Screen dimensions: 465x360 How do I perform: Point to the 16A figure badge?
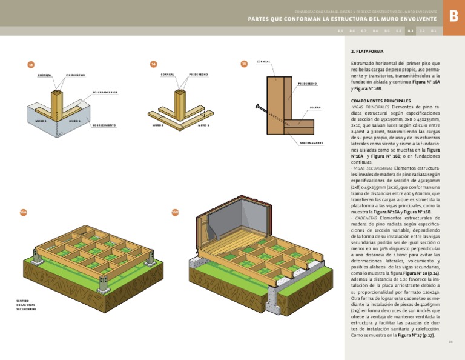point(24,212)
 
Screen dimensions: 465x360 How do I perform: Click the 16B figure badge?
point(175,212)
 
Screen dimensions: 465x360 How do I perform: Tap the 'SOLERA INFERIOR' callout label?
point(105,93)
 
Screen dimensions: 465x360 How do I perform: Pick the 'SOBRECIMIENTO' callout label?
point(104,125)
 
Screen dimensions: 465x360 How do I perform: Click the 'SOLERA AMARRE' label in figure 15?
point(311,143)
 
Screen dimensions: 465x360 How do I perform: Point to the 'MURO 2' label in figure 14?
point(157,125)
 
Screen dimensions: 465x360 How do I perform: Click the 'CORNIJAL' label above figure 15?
point(263,61)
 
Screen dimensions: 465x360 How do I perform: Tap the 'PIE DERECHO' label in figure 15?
point(307,84)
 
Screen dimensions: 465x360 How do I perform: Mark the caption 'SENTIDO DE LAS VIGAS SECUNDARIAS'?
point(26,304)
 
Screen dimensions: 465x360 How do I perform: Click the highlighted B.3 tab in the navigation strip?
point(410,30)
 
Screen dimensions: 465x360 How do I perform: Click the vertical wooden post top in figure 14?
point(181,93)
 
